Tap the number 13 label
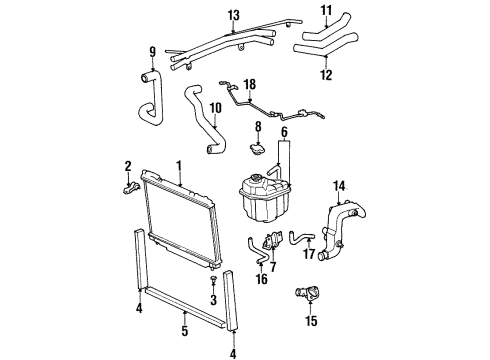pos(233,15)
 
